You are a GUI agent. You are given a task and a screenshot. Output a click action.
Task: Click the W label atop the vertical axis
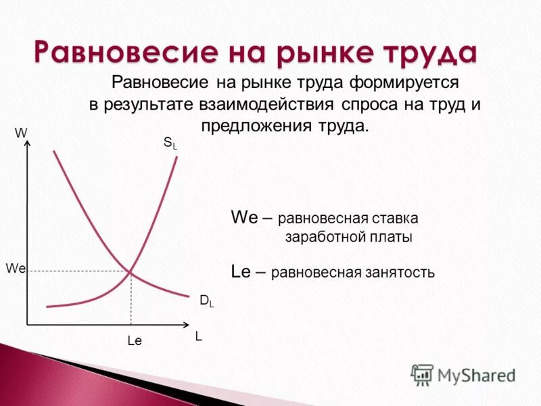click(x=21, y=133)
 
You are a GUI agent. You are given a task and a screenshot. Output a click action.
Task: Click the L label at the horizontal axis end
click(x=199, y=336)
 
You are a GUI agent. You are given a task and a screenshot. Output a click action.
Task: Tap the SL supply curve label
click(x=169, y=143)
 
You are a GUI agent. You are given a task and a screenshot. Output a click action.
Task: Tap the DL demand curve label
click(x=206, y=302)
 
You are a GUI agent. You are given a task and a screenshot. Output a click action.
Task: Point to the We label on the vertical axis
click(x=15, y=269)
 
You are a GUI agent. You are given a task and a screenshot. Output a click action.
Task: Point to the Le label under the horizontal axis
click(x=135, y=342)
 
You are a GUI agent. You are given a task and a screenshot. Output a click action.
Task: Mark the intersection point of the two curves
click(x=131, y=272)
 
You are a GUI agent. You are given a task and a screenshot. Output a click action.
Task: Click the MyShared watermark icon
click(x=422, y=374)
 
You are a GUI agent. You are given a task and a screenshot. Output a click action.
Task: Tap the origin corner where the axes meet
click(x=26, y=325)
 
